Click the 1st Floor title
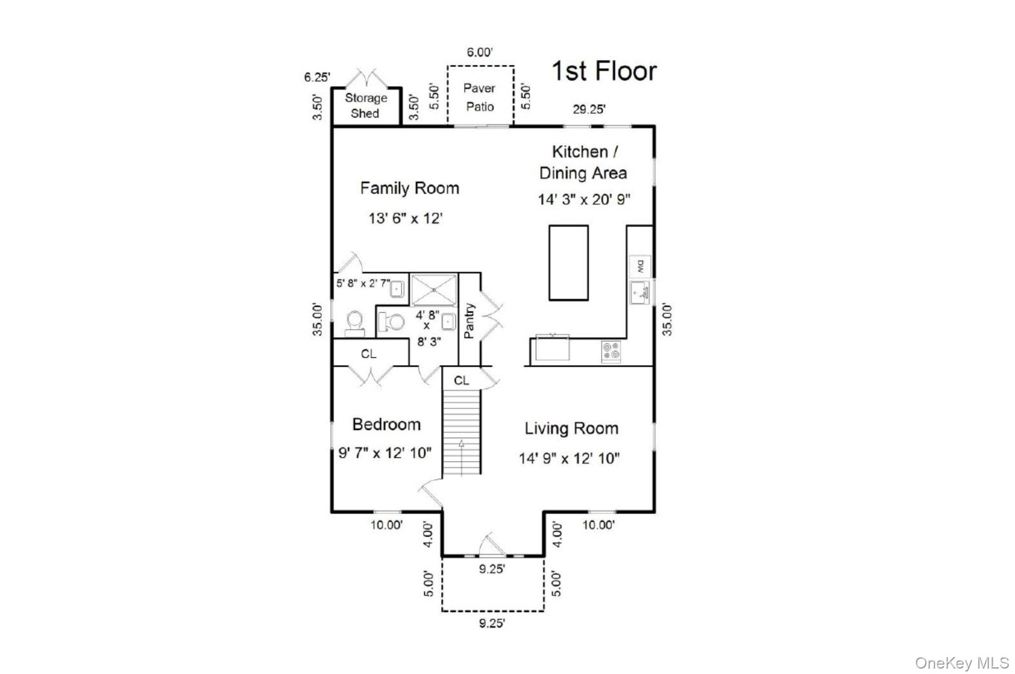coord(604,71)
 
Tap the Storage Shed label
coord(366,106)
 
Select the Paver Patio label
coord(479,98)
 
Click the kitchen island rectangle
coord(568,263)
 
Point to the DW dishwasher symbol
coord(640,267)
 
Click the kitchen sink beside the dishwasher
coord(640,293)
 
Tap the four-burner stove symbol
coord(611,351)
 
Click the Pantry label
coord(469,321)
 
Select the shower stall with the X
coord(434,290)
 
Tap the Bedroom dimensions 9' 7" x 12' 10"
coord(385,453)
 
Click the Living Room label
coord(571,429)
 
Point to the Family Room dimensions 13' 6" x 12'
coord(405,219)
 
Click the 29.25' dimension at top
coord(589,110)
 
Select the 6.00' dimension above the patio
coord(479,53)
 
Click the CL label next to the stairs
coord(461,380)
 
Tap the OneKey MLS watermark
coord(961,663)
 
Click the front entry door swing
coord(493,545)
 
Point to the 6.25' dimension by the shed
coord(317,77)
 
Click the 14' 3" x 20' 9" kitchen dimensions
coord(584,200)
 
